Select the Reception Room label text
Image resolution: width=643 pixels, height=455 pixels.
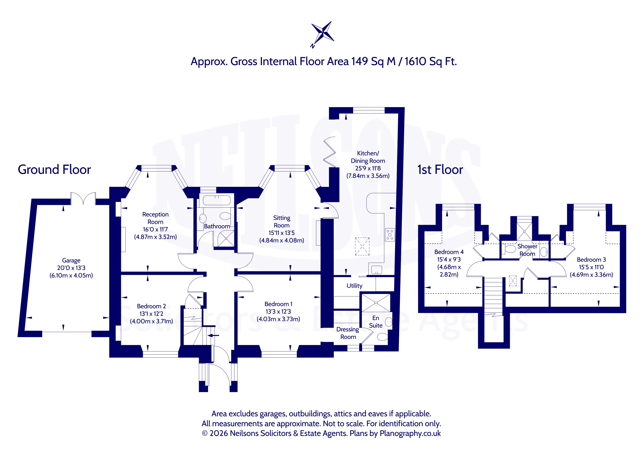(x=155, y=218)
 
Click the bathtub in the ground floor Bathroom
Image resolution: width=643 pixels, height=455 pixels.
(x=217, y=200)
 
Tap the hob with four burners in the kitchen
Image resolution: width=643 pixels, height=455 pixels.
(x=390, y=235)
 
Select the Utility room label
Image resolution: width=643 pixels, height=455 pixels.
(x=355, y=286)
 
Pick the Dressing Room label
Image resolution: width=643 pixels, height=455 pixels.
(x=348, y=333)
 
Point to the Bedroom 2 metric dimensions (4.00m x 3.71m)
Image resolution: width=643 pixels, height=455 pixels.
(x=151, y=321)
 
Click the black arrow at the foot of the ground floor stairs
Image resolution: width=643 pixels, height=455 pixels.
(x=213, y=335)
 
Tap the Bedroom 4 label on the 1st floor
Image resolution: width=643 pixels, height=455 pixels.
(x=449, y=252)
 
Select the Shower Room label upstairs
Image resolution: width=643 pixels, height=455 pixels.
(x=527, y=250)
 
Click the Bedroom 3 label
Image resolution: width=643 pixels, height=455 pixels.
(x=591, y=260)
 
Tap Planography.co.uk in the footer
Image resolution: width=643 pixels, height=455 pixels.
(x=410, y=433)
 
